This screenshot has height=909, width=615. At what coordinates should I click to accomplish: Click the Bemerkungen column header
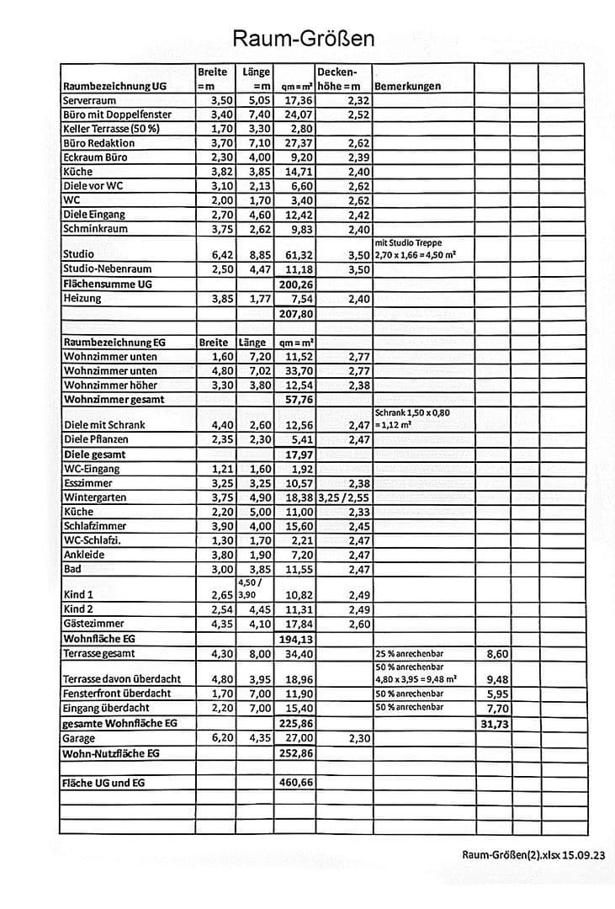coord(408,86)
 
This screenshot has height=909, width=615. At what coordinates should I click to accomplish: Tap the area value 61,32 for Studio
coord(295,254)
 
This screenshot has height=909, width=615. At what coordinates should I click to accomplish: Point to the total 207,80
coord(295,313)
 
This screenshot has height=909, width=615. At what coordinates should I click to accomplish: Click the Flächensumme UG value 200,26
coord(295,284)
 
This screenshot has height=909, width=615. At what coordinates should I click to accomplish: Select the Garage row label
coord(79,738)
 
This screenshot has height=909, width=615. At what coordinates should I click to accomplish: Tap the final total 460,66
coord(295,783)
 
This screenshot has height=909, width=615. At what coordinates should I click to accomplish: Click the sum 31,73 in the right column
coord(494,724)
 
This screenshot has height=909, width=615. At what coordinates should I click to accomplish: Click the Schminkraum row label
coord(94,229)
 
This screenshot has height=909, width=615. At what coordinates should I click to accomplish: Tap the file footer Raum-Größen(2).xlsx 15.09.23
coord(532,854)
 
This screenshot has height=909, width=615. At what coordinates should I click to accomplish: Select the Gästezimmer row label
coord(94,624)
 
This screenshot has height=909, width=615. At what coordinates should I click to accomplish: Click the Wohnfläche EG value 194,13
coord(295,639)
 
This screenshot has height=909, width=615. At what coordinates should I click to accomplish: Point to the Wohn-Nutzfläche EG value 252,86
coord(295,753)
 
